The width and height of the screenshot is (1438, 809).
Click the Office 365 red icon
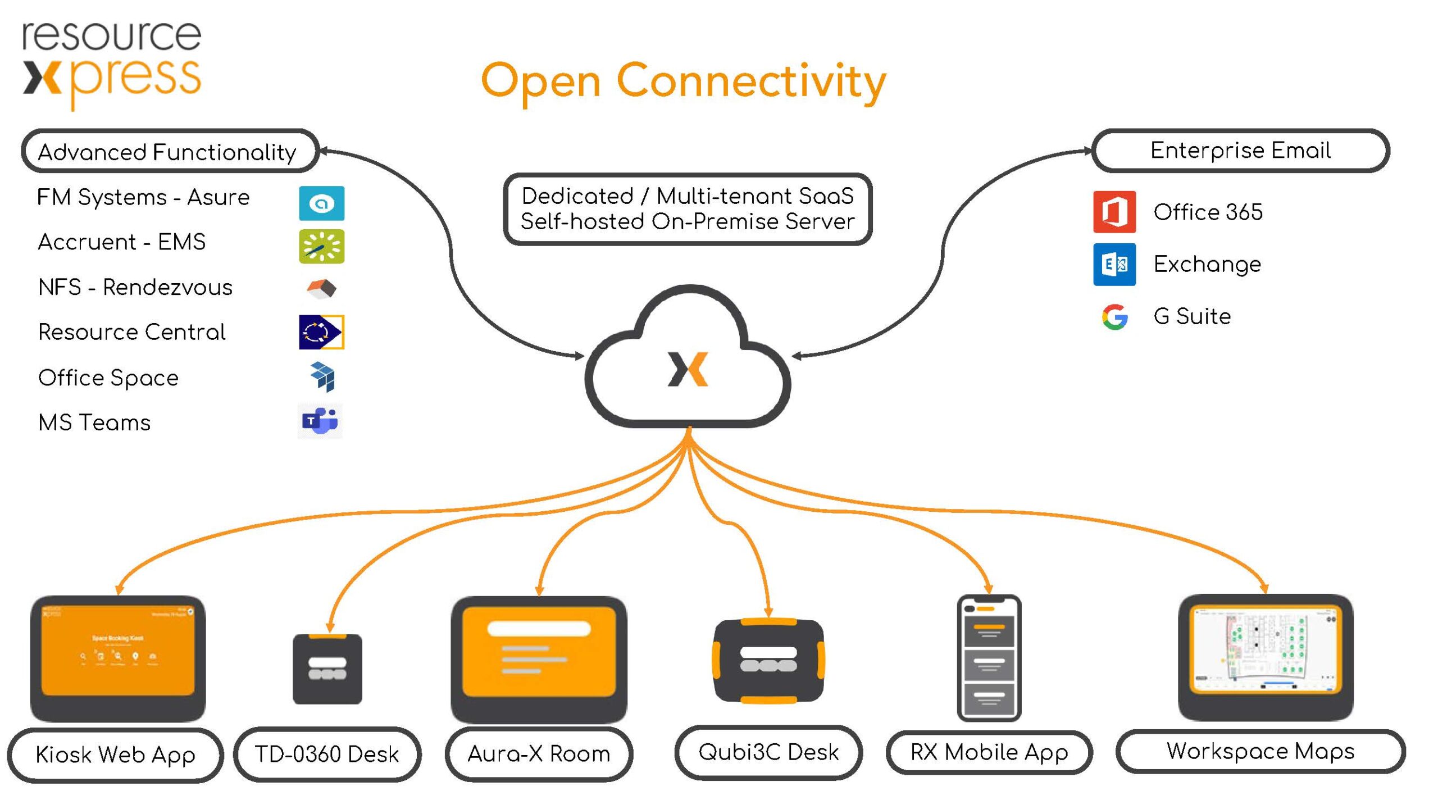point(1114,212)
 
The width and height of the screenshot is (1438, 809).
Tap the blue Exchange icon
point(1114,264)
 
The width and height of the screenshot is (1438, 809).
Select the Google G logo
point(1114,317)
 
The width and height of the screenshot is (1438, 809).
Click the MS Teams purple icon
point(320,421)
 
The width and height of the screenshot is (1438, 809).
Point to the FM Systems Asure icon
point(321,203)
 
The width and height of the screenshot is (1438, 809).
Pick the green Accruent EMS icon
point(321,246)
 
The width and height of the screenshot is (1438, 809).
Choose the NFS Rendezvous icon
point(321,288)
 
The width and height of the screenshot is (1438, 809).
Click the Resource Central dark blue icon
point(321,332)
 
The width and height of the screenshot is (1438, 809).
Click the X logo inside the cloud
point(688,369)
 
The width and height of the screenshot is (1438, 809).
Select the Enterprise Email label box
point(1240,151)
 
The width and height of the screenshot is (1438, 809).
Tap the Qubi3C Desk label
point(768,752)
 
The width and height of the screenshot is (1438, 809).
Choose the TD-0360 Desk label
point(327,754)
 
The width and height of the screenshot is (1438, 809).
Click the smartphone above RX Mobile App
point(989,658)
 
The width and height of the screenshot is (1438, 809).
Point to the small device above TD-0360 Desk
point(327,669)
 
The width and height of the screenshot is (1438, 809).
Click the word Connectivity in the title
point(751,81)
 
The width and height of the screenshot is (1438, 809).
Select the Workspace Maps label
point(1260,751)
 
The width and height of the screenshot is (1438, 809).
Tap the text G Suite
point(1192,316)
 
